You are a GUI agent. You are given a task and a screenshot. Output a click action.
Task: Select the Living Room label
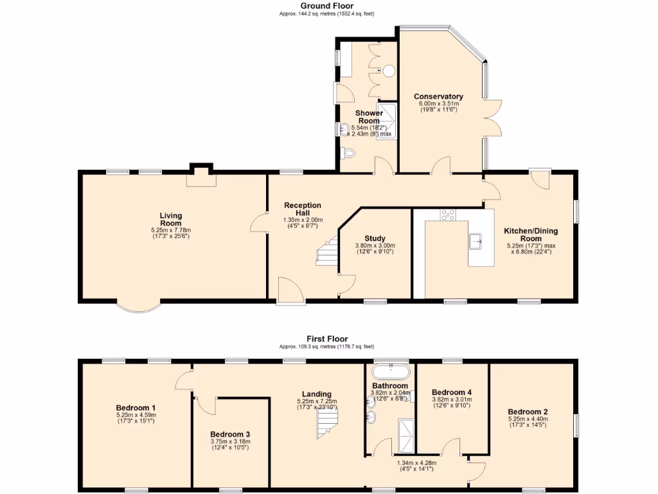(x=171, y=219)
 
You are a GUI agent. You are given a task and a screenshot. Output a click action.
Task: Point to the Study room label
(x=375, y=238)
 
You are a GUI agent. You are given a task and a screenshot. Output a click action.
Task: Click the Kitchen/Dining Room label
(x=531, y=235)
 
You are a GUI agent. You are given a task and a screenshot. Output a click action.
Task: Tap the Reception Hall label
(x=303, y=209)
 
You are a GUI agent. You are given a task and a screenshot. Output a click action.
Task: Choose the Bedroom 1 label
(x=136, y=408)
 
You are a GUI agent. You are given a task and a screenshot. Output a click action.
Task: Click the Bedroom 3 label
(x=229, y=434)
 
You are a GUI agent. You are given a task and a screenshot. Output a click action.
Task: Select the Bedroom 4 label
(x=451, y=392)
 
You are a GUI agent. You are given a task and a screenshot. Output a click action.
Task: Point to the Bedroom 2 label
(x=528, y=412)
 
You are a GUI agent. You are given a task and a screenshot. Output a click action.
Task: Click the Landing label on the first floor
(x=317, y=394)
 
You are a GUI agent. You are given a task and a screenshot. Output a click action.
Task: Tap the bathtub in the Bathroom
(x=391, y=371)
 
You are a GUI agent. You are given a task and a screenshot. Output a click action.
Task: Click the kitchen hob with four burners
(x=447, y=215)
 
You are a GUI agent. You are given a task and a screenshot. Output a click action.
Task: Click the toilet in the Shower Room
(x=348, y=154)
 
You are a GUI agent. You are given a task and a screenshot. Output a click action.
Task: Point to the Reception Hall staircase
(x=328, y=252)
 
